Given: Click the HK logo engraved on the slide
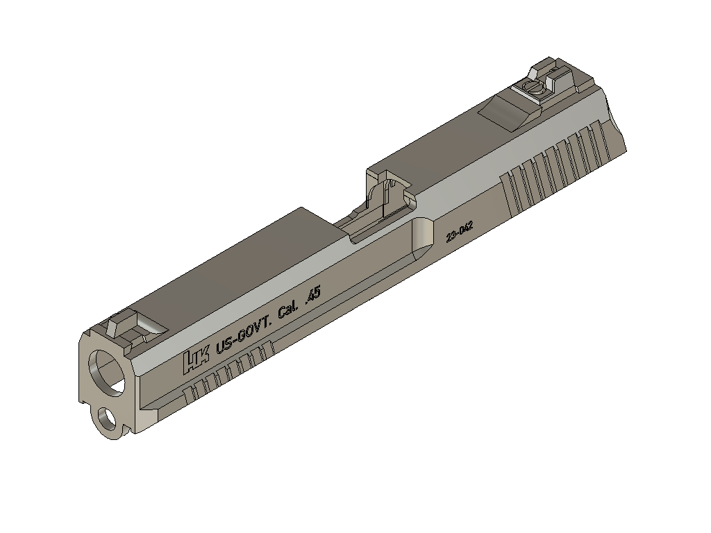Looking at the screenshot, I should [196, 359].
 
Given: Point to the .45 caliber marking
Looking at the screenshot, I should [313, 295].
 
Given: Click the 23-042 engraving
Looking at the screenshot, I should [460, 232].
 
